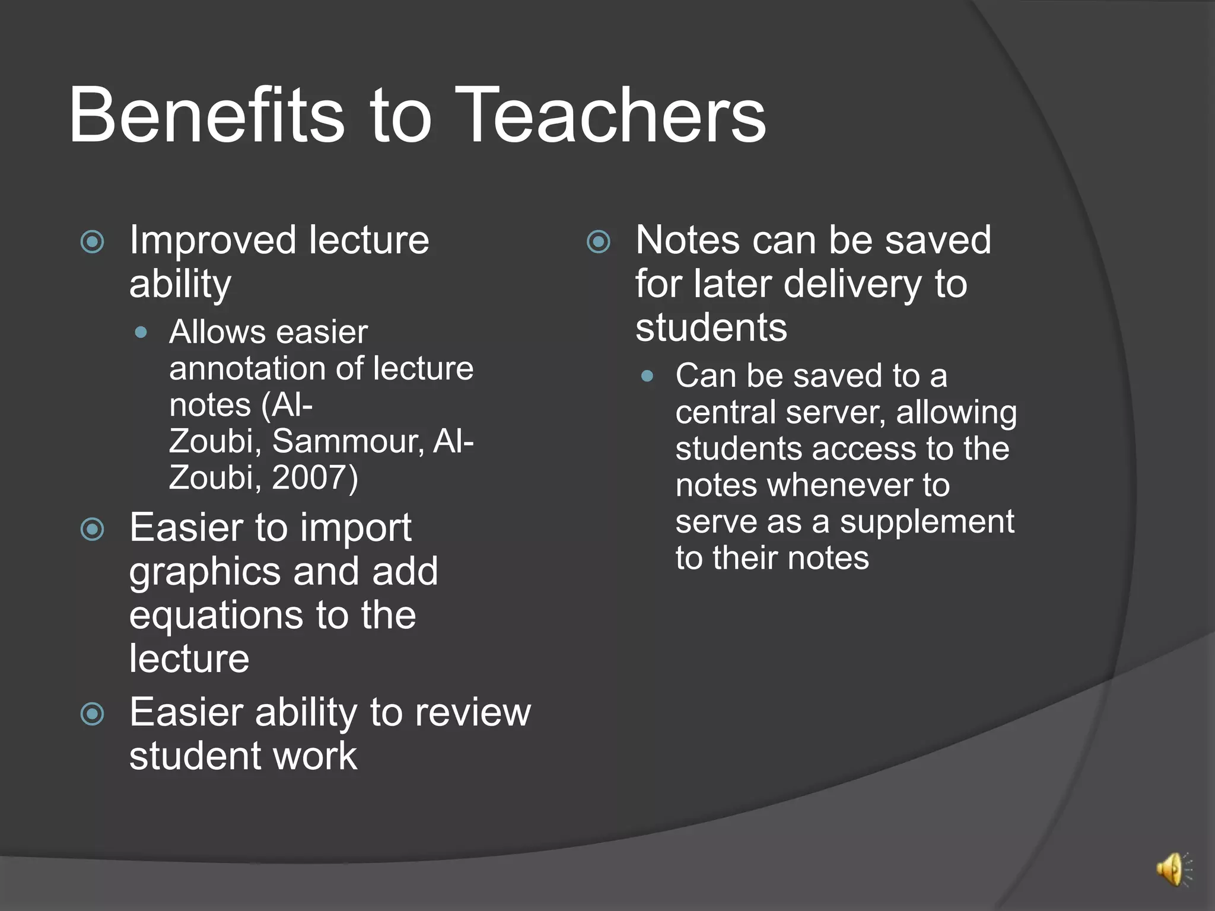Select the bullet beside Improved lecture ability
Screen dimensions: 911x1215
(x=93, y=241)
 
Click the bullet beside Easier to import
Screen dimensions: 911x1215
(x=93, y=529)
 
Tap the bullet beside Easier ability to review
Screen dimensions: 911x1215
(x=93, y=713)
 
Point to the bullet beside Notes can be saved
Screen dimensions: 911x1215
(x=599, y=241)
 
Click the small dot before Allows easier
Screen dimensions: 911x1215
(x=141, y=332)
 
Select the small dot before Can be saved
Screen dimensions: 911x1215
(x=647, y=376)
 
